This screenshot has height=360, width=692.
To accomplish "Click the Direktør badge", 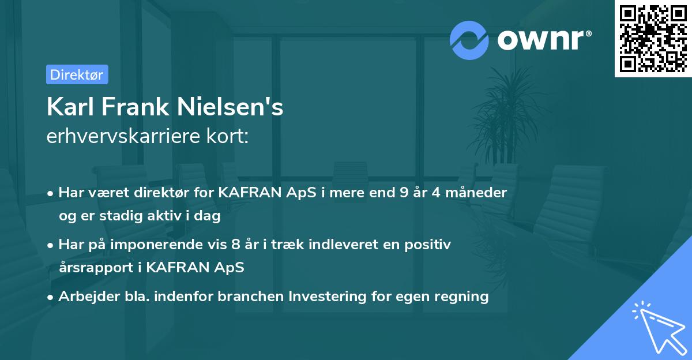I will click(77, 74).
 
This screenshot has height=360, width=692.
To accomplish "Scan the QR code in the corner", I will click(653, 38).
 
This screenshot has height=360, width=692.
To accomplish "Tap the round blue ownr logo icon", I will click(469, 40).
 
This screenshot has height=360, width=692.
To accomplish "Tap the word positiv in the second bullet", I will click(429, 245).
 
